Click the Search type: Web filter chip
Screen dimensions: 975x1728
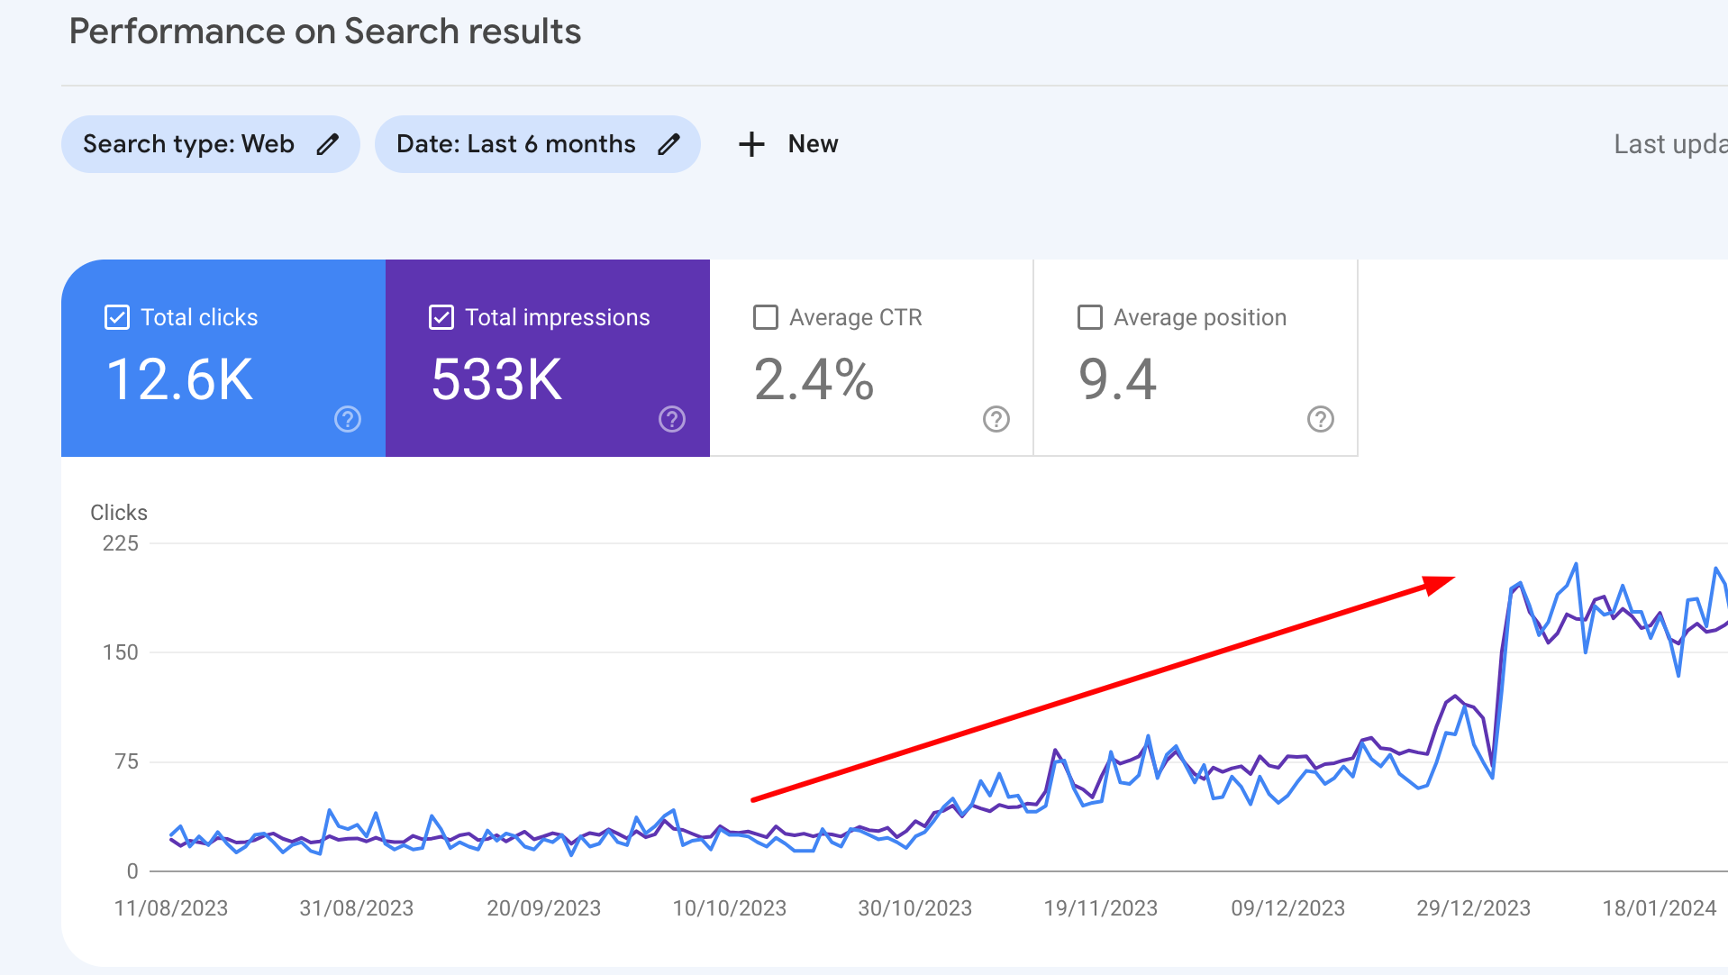tap(210, 144)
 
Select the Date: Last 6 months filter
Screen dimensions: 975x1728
tap(537, 144)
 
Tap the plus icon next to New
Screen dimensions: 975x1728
tap(751, 144)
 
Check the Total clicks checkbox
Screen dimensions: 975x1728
tap(117, 317)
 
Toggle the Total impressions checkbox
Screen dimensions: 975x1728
tap(441, 317)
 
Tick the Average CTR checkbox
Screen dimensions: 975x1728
tap(766, 317)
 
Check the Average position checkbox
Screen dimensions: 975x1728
tap(1090, 317)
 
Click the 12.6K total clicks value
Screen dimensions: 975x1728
tap(179, 379)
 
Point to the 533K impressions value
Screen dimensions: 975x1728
tap(496, 379)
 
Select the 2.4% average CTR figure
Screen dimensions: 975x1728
tap(814, 379)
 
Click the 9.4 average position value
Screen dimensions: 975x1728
tap(1117, 379)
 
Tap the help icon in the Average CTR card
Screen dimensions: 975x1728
tap(996, 419)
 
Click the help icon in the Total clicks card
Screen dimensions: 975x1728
tap(348, 419)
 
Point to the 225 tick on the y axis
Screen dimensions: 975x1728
tap(121, 543)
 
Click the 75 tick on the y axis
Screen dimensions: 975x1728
tap(127, 761)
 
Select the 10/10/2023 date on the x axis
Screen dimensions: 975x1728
tap(729, 908)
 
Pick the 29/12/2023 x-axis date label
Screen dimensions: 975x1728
tap(1473, 908)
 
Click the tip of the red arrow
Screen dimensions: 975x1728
tap(1452, 579)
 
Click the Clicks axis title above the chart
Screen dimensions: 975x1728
tap(119, 513)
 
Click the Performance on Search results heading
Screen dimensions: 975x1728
tap(325, 32)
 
